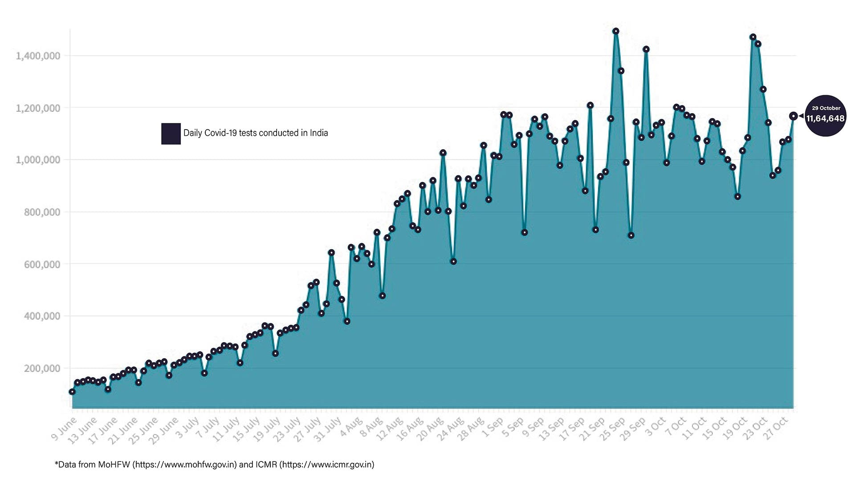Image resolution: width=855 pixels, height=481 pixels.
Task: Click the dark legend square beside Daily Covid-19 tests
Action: click(171, 134)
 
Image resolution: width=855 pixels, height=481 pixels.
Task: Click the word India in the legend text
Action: click(319, 133)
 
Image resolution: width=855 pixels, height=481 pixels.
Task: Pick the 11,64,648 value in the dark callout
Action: click(825, 118)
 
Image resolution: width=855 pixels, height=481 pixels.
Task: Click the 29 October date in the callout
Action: click(826, 108)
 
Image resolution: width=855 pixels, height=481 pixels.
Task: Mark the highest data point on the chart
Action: click(616, 31)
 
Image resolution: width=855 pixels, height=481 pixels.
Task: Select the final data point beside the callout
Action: click(793, 116)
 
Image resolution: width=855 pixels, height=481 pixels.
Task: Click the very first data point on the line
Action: click(72, 391)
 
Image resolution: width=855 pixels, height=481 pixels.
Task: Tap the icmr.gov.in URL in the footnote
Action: click(326, 465)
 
